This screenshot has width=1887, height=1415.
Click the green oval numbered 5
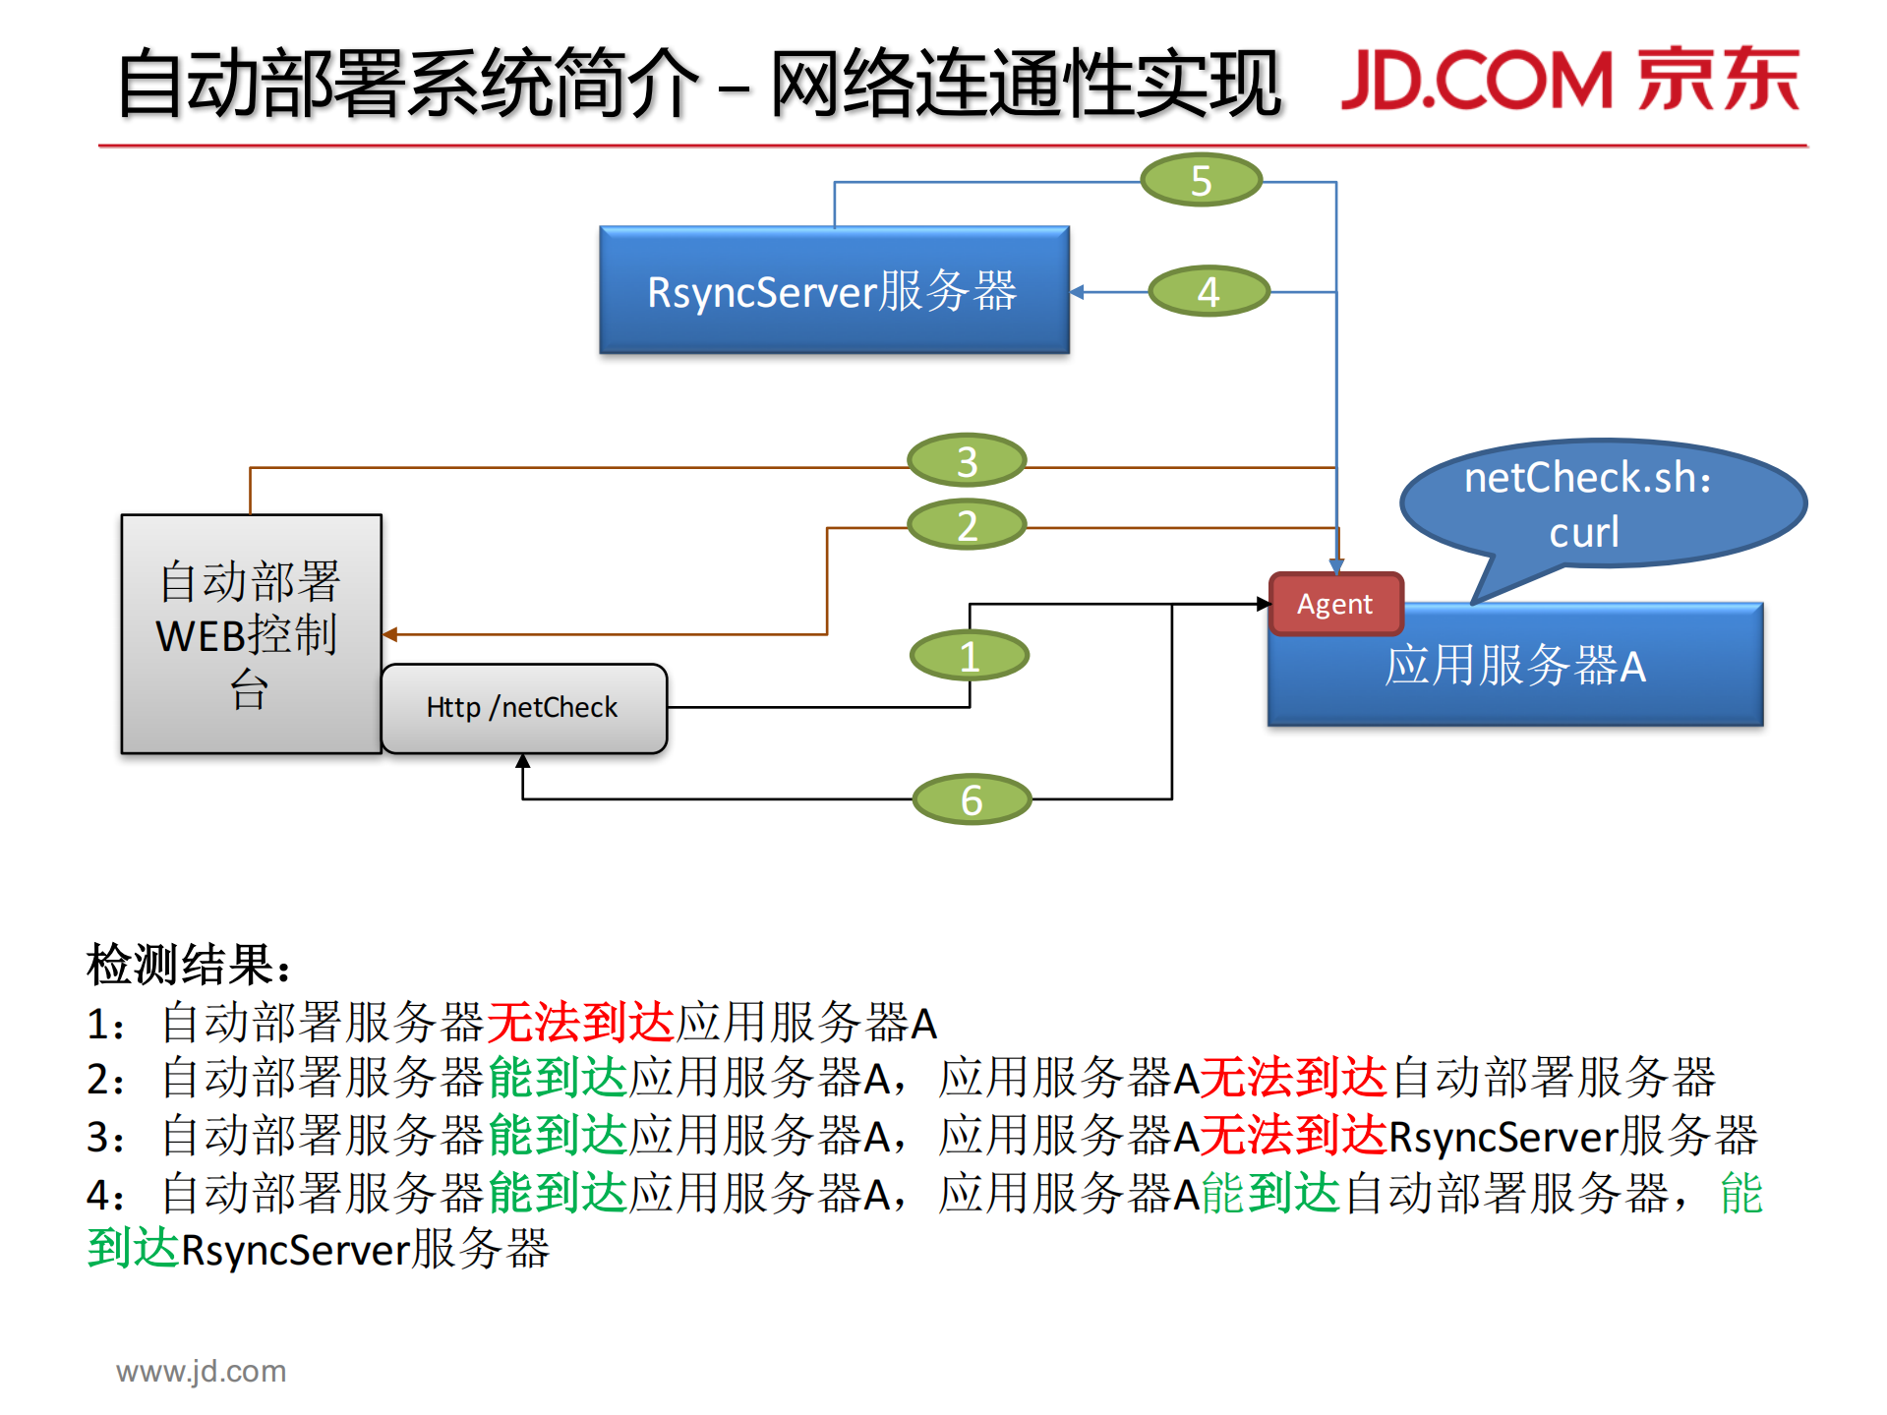pyautogui.click(x=1201, y=180)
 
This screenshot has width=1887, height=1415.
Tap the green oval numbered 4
pyautogui.click(x=1209, y=291)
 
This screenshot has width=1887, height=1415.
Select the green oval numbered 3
pyautogui.click(x=967, y=460)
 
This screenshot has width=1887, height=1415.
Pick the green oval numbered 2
pyautogui.click(x=967, y=525)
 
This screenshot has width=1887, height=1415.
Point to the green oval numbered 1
pyautogui.click(x=970, y=656)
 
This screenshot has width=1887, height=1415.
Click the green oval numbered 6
pyautogui.click(x=972, y=799)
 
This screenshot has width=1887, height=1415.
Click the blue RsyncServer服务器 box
pyautogui.click(x=834, y=291)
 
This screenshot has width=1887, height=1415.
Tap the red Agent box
pyautogui.click(x=1334, y=604)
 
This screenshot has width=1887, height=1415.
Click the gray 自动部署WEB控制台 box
pyautogui.click(x=251, y=634)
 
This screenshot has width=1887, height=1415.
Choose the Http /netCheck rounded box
pyautogui.click(x=523, y=708)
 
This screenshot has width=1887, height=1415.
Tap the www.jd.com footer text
pyautogui.click(x=202, y=1371)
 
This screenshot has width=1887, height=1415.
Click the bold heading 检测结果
pyautogui.click(x=187, y=965)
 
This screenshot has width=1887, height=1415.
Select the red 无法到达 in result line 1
pyautogui.click(x=580, y=1023)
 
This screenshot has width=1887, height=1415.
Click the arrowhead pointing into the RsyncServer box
pyautogui.click(x=1077, y=292)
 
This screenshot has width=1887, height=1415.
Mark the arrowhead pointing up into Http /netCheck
pyautogui.click(x=523, y=761)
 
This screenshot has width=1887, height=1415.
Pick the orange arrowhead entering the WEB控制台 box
pyautogui.click(x=390, y=634)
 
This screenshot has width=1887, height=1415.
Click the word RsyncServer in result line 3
pyautogui.click(x=1503, y=1138)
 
